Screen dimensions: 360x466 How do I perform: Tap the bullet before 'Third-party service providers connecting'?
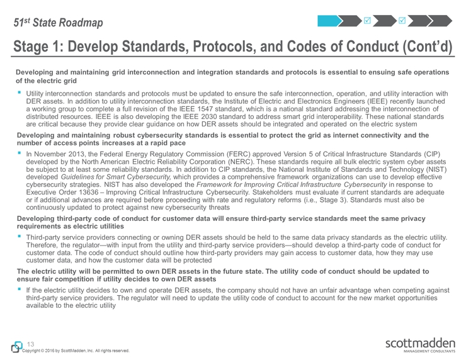click(20, 237)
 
